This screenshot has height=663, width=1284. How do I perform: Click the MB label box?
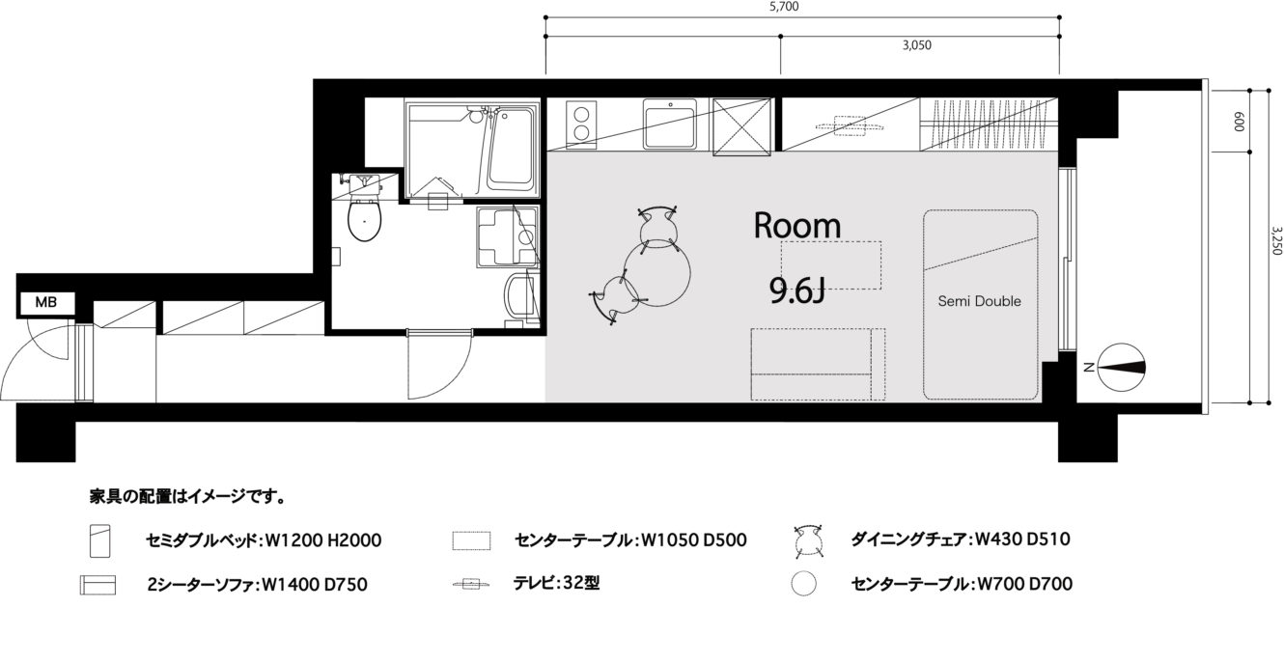47,303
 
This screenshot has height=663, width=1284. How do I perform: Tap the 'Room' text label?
796,225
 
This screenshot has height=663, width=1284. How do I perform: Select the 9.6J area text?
796,290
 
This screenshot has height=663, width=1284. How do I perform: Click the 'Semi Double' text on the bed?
979,301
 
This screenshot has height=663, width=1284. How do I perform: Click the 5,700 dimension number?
784,7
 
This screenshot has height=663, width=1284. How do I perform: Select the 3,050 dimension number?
916,45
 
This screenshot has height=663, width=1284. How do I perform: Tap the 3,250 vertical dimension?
1275,240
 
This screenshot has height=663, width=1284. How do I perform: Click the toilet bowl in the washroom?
365,219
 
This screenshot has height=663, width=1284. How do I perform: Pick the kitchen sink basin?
670,124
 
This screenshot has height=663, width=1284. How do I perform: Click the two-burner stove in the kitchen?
581,124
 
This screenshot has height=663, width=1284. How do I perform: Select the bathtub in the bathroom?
511,151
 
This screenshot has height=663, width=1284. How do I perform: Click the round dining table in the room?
657,273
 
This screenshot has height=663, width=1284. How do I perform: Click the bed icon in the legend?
99,541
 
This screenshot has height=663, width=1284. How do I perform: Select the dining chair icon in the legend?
809,540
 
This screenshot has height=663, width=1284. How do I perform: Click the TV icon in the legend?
471,585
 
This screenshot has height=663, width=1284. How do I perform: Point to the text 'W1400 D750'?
314,585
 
